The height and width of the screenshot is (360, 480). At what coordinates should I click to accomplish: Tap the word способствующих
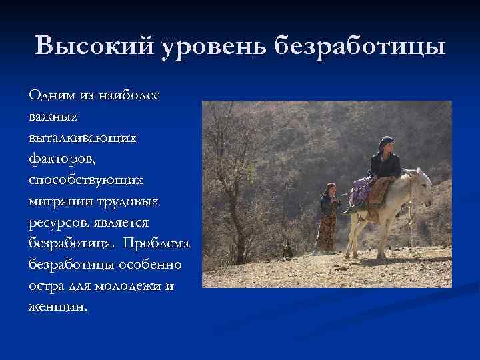click(85, 180)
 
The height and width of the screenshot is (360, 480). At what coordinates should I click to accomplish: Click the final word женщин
click(57, 308)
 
